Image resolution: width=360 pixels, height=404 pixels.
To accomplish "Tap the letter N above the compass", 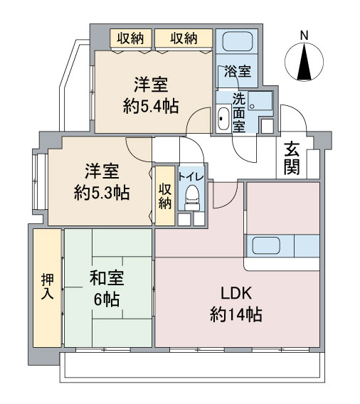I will (305, 36).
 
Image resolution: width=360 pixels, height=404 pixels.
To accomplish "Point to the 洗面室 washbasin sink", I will (223, 118).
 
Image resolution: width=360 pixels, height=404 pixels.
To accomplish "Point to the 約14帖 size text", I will (235, 314).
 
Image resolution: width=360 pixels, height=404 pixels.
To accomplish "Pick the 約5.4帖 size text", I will (149, 106).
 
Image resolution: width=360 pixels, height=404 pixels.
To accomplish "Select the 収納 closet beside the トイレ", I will (164, 196).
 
